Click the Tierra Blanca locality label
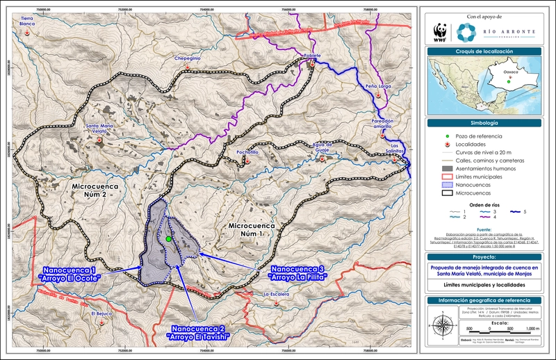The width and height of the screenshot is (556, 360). coord(27,21)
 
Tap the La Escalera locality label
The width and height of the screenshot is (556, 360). coord(275,294)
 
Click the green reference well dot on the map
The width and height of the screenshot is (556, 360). coord(169,239)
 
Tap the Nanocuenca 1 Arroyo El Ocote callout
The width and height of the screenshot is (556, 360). coord(70,273)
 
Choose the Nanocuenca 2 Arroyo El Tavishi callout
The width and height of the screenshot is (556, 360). coord(197,332)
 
